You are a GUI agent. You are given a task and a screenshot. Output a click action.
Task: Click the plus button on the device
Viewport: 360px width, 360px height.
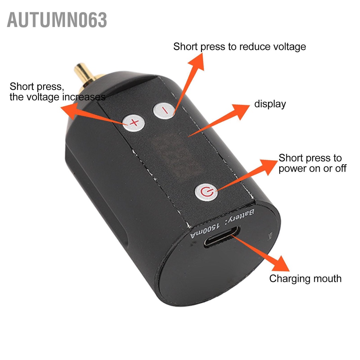click(133, 123)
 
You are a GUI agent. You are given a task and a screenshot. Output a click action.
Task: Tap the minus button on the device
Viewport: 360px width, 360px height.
click(163, 111)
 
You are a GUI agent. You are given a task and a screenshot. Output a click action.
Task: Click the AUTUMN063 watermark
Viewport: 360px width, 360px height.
click(57, 20)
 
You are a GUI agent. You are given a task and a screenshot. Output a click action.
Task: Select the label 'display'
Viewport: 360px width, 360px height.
click(270, 104)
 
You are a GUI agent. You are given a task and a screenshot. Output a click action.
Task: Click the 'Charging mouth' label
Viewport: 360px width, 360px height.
click(305, 279)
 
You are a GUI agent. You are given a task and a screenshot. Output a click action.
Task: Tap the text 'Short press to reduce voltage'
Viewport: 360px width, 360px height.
click(239, 46)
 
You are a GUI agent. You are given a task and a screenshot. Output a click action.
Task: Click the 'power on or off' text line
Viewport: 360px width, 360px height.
click(313, 168)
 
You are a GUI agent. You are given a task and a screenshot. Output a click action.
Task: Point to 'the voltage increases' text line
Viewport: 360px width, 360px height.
click(57, 97)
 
